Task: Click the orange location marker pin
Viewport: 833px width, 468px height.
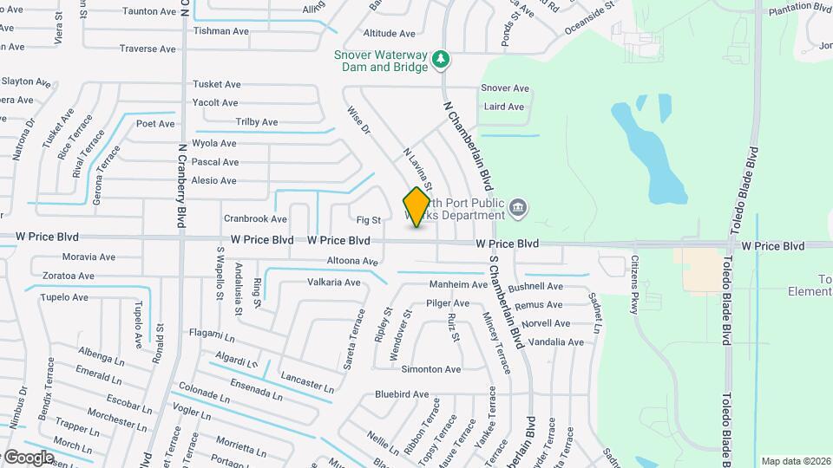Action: pyautogui.click(x=417, y=206)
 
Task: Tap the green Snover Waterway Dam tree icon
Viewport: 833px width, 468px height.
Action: pyautogui.click(x=443, y=58)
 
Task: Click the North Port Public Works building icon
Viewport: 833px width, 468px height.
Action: pyautogui.click(x=518, y=206)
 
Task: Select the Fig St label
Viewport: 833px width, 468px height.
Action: pyautogui.click(x=369, y=220)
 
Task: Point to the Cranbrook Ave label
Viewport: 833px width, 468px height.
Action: pyautogui.click(x=255, y=219)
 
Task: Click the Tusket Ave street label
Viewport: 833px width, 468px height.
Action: pyautogui.click(x=216, y=84)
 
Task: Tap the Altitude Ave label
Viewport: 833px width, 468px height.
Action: pyautogui.click(x=389, y=34)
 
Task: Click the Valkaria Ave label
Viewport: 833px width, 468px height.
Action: pyautogui.click(x=333, y=283)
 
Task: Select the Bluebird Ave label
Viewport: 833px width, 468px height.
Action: pyautogui.click(x=402, y=394)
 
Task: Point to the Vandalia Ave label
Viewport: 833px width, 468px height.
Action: pyautogui.click(x=556, y=342)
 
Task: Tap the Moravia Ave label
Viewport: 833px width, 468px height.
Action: pyautogui.click(x=89, y=257)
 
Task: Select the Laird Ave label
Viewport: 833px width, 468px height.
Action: pyautogui.click(x=504, y=107)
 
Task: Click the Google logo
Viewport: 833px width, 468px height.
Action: pyautogui.click(x=29, y=457)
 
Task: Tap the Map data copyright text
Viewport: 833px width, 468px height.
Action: pyautogui.click(x=795, y=461)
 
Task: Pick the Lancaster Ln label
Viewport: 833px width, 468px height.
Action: pyautogui.click(x=307, y=381)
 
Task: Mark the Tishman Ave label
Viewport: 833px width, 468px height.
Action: pyautogui.click(x=221, y=31)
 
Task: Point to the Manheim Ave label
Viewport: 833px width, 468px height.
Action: pyautogui.click(x=458, y=284)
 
